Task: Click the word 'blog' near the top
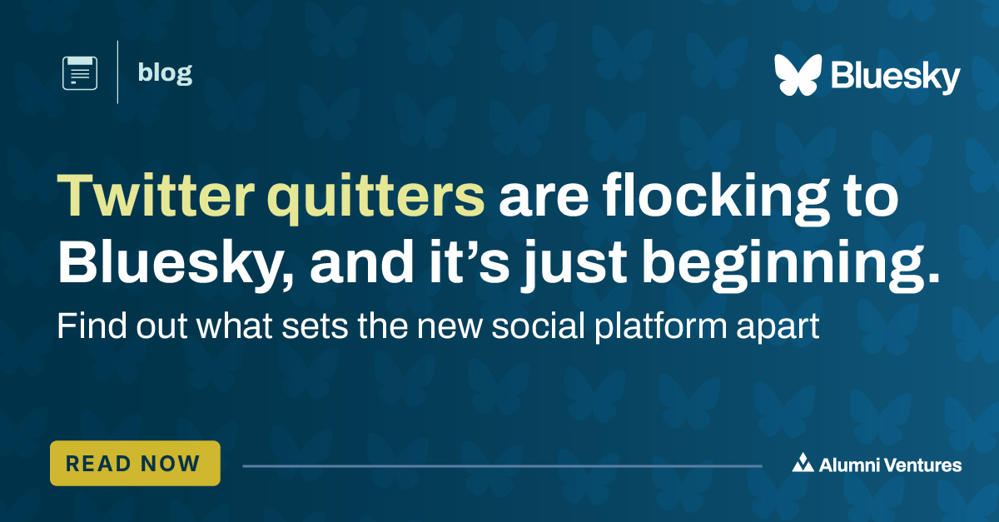click(x=165, y=73)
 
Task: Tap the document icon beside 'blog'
click(x=80, y=73)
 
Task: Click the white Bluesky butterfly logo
click(x=798, y=75)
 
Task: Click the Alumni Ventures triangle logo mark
click(x=803, y=464)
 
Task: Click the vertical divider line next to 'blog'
click(x=117, y=72)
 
